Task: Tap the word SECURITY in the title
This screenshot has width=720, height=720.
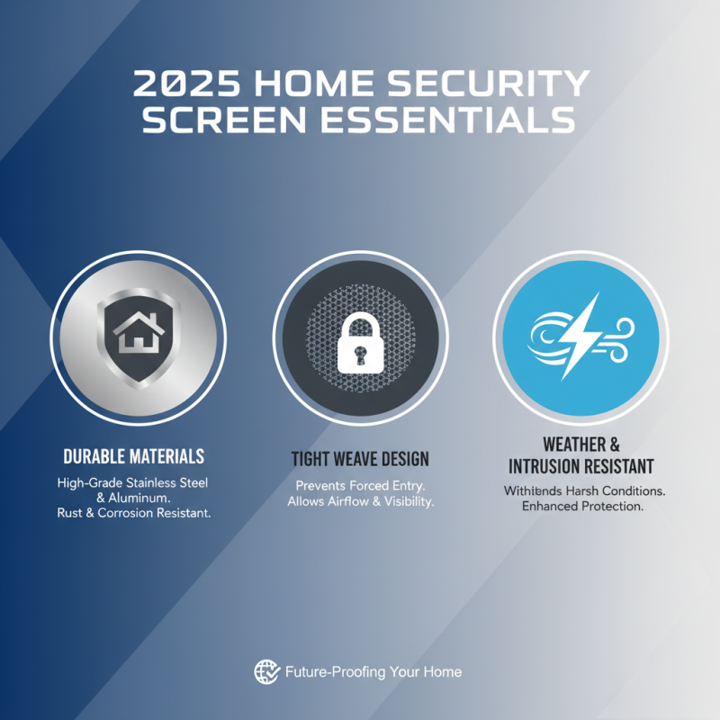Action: (x=496, y=85)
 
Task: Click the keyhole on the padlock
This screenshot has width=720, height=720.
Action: (x=359, y=354)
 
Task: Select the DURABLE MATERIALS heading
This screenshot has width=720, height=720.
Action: (x=134, y=456)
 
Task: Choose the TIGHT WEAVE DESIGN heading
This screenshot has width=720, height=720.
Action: (x=360, y=460)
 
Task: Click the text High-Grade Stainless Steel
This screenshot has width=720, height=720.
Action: (x=132, y=483)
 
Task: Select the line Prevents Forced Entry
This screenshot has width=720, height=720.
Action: (x=360, y=486)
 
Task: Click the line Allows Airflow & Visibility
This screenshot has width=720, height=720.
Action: (x=360, y=501)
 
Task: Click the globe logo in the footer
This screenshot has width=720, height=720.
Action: (x=266, y=671)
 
